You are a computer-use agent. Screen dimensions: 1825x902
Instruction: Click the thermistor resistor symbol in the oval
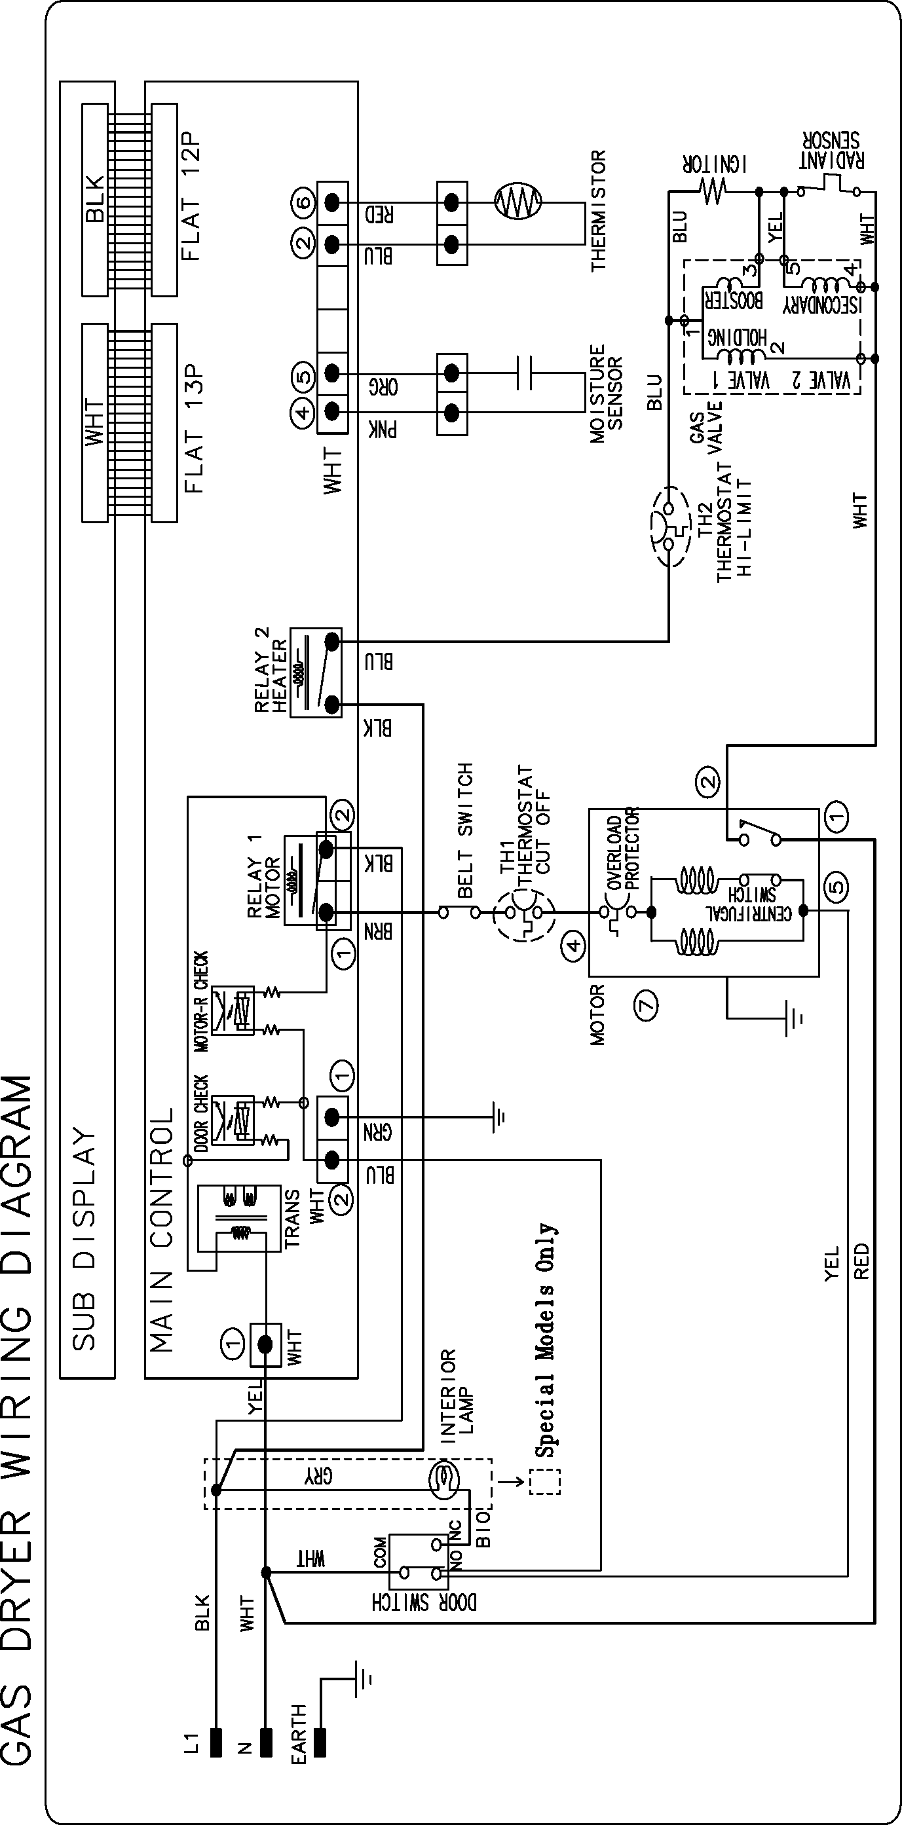(517, 202)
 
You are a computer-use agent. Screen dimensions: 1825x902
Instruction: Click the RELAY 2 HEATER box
(315, 672)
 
